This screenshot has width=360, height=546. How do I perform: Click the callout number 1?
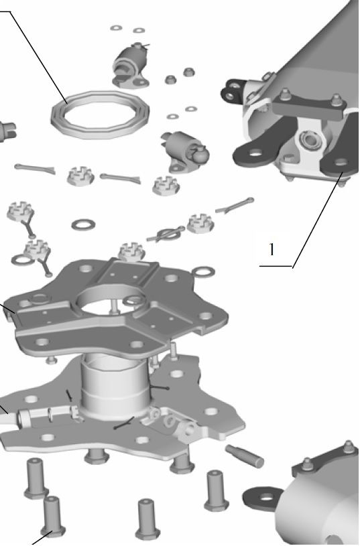point(272,250)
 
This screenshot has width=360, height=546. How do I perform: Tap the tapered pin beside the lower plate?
point(245,456)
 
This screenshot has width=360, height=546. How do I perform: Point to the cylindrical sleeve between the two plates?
point(115,387)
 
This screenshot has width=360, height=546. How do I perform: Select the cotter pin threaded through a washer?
point(166,234)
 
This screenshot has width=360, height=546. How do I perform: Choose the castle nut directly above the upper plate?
point(132,251)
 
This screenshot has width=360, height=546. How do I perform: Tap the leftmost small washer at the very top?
point(115,28)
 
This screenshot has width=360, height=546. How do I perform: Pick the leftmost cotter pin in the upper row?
point(35,169)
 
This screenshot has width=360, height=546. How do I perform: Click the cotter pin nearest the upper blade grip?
point(235,206)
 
